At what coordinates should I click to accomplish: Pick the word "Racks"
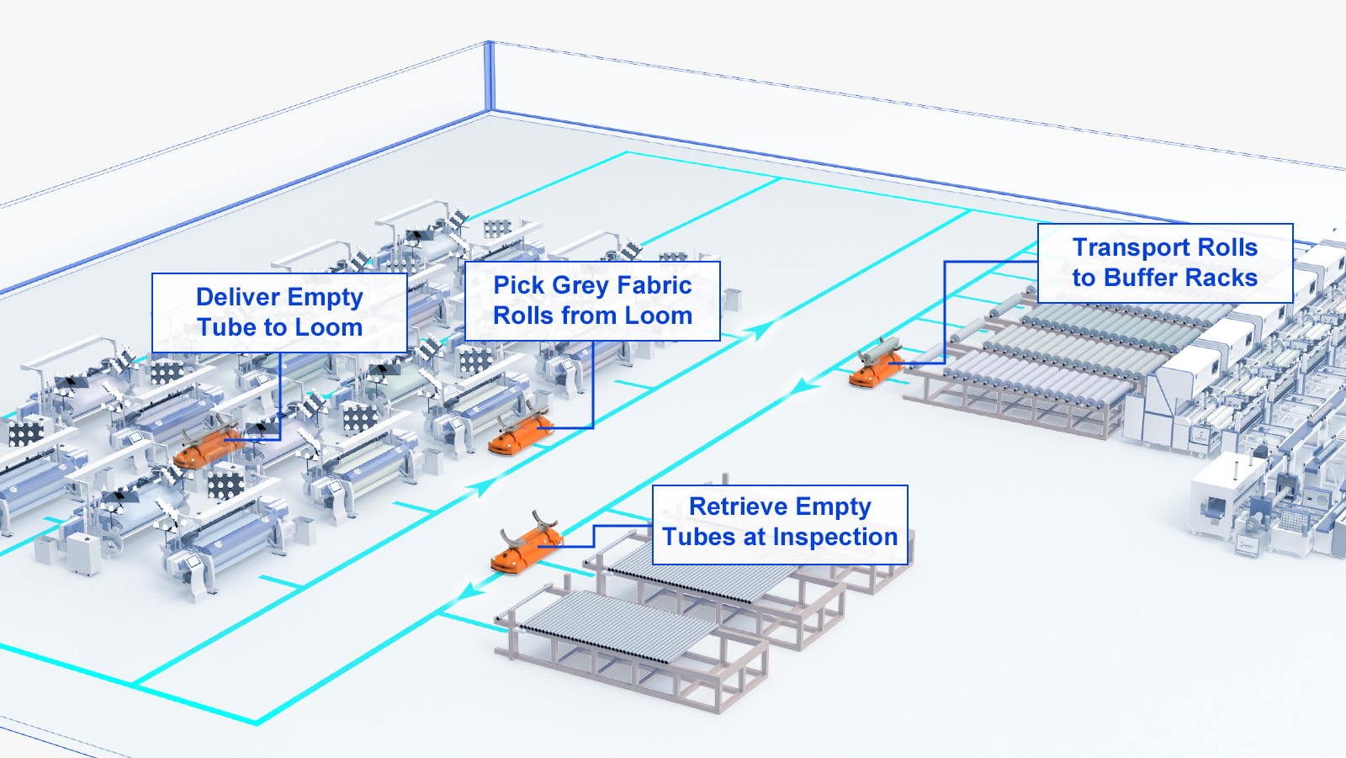point(1221,278)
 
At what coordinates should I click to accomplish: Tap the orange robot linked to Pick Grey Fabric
point(521,432)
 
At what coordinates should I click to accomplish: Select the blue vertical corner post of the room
point(489,76)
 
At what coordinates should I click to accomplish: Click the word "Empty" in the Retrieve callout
point(838,507)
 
